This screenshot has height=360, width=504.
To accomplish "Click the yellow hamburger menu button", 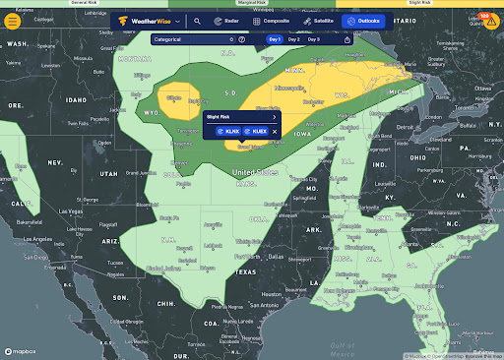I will (14, 20).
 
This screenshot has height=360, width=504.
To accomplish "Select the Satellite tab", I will (318, 20).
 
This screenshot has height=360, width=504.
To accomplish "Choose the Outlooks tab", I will (364, 20).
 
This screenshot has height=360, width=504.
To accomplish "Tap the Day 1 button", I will (276, 39).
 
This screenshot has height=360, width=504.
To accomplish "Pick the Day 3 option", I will (313, 39).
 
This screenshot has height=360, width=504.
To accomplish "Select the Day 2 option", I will (294, 39).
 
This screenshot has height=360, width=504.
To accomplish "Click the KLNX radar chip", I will (228, 131).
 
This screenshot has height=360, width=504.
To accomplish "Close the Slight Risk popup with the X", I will (275, 131).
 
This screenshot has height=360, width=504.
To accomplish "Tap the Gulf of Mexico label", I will (342, 345).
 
